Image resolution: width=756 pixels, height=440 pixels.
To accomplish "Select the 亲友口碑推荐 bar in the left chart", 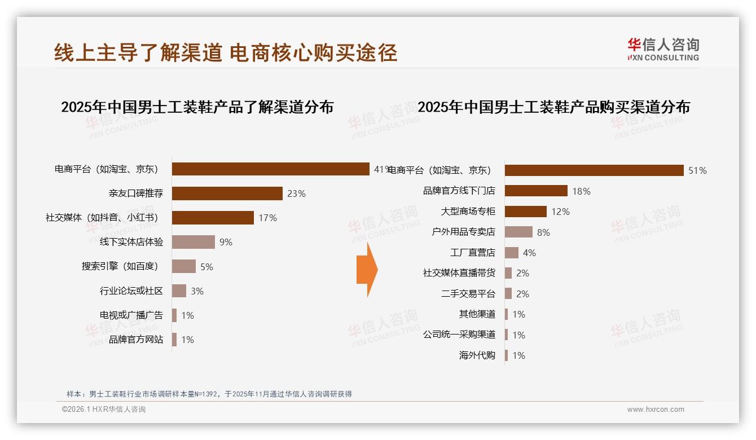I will tap(227, 193).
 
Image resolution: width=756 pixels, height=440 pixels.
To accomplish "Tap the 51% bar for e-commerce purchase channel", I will tap(594, 170).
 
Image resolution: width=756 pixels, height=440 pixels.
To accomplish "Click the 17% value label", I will tap(267, 218).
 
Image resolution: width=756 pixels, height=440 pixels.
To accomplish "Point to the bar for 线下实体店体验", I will tap(193, 242).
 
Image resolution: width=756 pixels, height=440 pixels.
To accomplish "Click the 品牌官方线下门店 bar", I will tap(535, 191).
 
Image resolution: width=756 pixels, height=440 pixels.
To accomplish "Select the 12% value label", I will tap(560, 212).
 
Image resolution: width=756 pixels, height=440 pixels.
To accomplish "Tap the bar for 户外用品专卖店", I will tap(518, 232).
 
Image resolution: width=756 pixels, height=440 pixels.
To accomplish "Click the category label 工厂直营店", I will tap(472, 253).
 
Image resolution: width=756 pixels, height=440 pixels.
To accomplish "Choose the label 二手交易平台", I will tap(468, 294).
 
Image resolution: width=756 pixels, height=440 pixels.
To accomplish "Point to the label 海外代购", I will tap(477, 355).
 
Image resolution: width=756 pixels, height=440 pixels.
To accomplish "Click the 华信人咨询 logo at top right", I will tap(663, 49).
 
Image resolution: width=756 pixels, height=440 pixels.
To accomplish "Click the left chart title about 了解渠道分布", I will tap(197, 107).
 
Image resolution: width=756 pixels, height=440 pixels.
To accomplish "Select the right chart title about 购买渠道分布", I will tap(553, 107).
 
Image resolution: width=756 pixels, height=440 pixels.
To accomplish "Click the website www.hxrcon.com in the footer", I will tap(655, 410).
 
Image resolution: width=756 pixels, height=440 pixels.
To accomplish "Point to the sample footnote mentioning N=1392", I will tap(209, 394).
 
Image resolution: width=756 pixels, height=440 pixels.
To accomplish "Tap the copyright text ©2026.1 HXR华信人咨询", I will tap(104, 410).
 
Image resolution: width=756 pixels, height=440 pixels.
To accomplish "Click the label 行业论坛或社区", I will tap(131, 291).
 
